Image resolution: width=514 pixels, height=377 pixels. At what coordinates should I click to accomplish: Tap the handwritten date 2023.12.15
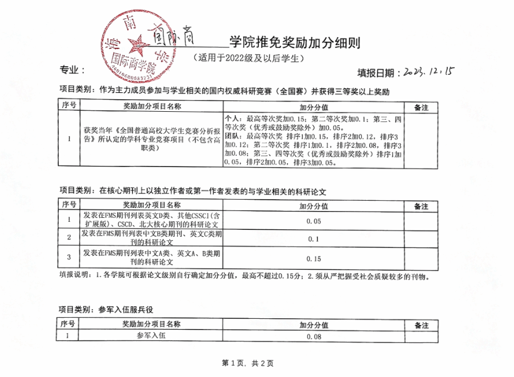pos(427,71)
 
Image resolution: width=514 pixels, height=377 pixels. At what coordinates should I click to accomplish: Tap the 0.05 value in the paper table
pos(313,221)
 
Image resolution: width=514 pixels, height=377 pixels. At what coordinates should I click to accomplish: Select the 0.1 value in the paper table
pos(313,240)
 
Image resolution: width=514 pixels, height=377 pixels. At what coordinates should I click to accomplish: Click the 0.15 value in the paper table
pos(313,258)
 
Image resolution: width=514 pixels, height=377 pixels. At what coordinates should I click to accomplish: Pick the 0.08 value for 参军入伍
pos(314,338)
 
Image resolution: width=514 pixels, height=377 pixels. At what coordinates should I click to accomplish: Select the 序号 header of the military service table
pos(68,325)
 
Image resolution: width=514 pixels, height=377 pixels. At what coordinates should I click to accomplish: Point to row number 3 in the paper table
pos(68,258)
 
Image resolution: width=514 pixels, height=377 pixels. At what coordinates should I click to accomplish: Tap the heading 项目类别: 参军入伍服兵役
pos(107,310)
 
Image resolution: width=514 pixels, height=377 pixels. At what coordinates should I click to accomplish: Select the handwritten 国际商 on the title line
pos(171,35)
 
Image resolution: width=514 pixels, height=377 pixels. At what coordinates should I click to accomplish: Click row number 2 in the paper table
pos(68,238)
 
